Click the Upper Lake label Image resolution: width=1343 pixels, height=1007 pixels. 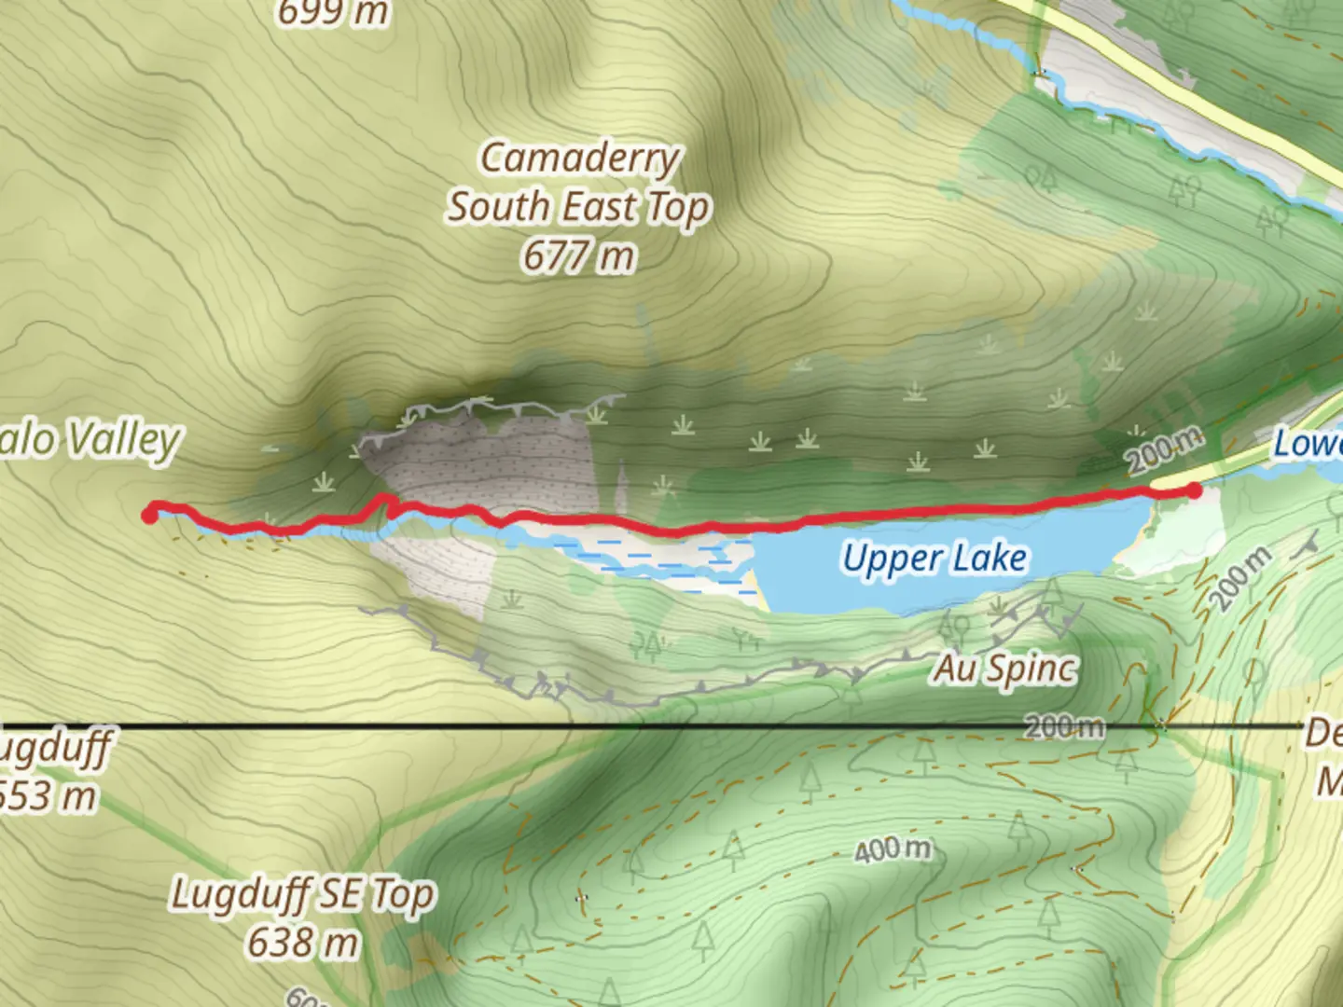(x=935, y=559)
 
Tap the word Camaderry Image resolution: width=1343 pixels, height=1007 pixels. (x=580, y=159)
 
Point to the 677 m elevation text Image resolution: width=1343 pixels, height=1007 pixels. (x=578, y=255)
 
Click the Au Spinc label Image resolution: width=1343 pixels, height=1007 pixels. (x=1005, y=669)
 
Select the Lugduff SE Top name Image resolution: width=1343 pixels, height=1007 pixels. (x=302, y=895)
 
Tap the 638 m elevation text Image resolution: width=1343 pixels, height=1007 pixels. (x=302, y=943)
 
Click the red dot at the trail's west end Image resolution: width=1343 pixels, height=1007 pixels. (x=149, y=514)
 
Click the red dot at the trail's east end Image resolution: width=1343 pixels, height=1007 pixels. (x=1194, y=490)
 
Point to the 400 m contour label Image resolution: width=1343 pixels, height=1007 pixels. (x=893, y=849)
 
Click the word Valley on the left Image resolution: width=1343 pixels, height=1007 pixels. (x=125, y=440)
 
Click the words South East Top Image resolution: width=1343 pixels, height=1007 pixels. (x=578, y=207)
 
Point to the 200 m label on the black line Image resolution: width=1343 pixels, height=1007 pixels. (x=1064, y=726)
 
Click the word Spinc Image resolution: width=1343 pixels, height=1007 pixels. (x=1032, y=669)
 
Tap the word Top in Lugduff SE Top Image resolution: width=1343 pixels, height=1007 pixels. (x=403, y=895)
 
